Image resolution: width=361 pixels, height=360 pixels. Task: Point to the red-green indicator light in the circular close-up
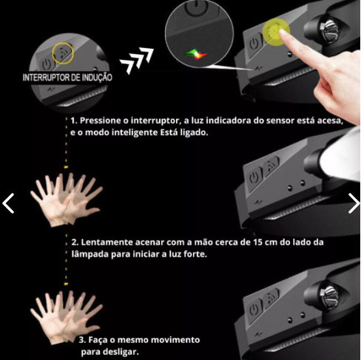tap(194, 52)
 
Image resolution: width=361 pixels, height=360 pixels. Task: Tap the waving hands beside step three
tap(64, 313)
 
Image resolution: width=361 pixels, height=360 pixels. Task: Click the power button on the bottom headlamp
tap(254, 308)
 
